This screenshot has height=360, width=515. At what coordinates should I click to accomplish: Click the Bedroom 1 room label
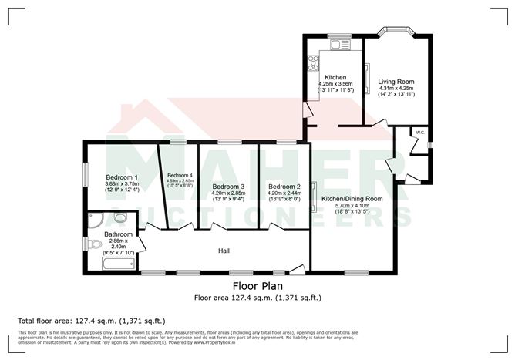coord(122,177)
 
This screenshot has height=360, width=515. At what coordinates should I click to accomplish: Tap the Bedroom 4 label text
coord(180,175)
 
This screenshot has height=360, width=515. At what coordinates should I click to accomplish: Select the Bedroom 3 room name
coord(228,187)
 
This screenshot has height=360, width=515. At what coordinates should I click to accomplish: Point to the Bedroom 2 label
coord(284,187)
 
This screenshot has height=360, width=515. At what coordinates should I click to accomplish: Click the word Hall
coord(224,251)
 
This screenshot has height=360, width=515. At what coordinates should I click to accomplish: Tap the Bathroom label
coord(119,234)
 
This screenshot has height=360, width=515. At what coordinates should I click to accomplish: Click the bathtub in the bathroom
coord(118,265)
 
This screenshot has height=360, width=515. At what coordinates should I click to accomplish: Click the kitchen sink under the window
coord(337,45)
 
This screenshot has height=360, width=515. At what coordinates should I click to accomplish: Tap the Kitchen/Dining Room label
coord(358,198)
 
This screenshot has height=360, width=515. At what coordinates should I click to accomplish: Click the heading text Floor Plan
coord(257,285)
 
